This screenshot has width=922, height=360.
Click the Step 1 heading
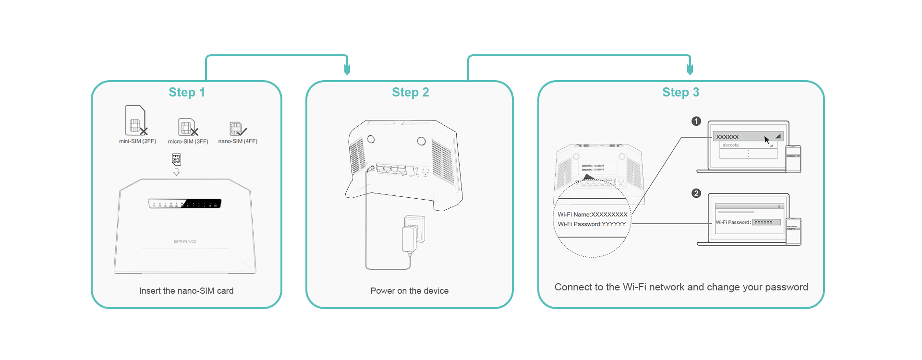coord(186,92)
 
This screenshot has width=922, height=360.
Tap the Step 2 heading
coord(410,92)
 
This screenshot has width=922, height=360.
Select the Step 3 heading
coord(680,92)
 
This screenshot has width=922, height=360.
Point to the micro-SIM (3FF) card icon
coord(187,127)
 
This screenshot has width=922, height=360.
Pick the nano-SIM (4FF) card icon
coord(237,129)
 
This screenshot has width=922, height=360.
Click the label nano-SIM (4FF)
coord(238,142)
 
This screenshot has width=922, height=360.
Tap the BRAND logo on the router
coord(185,241)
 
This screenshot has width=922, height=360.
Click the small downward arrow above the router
coord(176,172)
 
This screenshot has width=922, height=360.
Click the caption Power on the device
coord(409,291)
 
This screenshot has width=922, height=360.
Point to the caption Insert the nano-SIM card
coord(186,291)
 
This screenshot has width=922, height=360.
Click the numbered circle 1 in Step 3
coord(696,121)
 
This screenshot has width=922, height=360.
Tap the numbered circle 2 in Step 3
coord(696,193)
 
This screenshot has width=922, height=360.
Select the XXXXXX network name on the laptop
coord(728,137)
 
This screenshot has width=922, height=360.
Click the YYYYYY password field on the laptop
coord(766,222)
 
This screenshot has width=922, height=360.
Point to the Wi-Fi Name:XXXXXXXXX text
coord(592,215)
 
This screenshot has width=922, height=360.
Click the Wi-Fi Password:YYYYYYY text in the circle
coord(592,224)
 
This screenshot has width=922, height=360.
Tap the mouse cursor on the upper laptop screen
coord(767,140)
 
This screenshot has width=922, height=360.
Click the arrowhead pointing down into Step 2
coord(347,70)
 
